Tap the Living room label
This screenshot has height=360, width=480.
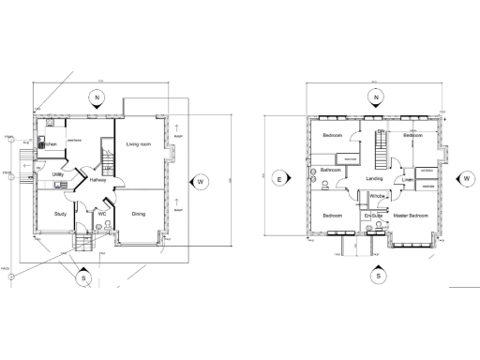(140, 143)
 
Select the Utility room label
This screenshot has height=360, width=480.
(57, 174)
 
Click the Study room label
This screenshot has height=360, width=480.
(59, 214)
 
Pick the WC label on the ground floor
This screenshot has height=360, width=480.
(102, 214)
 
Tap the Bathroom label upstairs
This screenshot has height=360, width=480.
(329, 170)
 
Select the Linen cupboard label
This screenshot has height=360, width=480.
(409, 180)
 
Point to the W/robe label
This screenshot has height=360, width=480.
(378, 196)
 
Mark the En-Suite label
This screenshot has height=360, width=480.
(373, 216)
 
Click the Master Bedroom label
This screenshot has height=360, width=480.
(411, 216)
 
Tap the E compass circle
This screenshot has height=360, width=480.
(278, 176)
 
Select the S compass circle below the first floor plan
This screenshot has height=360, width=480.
(378, 277)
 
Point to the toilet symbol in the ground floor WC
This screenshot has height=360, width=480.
(108, 224)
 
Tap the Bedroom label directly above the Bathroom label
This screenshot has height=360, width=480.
(331, 136)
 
